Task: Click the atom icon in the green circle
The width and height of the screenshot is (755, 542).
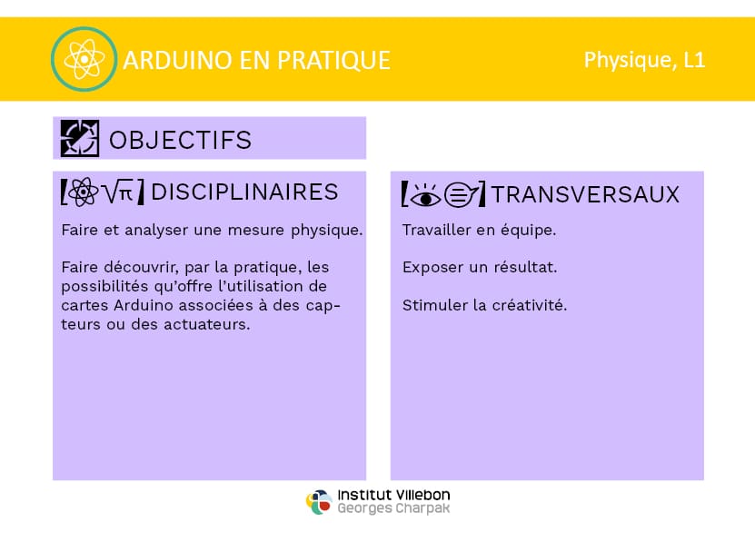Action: [84, 59]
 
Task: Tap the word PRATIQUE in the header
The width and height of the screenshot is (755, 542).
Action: [333, 61]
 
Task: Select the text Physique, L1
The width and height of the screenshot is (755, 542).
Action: [644, 60]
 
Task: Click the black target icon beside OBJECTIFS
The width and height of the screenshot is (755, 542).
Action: [80, 139]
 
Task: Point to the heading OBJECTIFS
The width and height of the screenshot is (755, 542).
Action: [181, 140]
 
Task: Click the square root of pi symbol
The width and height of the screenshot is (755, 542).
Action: [119, 192]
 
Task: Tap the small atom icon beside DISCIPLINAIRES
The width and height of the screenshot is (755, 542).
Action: [84, 192]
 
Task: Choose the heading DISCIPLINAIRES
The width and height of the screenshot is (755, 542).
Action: [244, 192]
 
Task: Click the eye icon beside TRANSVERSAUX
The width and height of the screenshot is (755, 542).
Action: [425, 195]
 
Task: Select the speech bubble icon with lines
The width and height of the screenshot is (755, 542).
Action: [462, 195]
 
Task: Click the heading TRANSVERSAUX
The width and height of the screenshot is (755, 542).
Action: [585, 194]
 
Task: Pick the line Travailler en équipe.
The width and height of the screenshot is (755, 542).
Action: [479, 230]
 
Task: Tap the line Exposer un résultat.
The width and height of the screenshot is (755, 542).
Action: [480, 267]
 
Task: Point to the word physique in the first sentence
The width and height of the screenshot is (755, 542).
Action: [326, 231]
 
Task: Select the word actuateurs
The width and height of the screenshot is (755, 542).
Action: [207, 324]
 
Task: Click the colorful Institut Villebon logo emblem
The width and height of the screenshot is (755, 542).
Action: [319, 502]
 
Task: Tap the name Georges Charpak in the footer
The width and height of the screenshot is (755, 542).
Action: [393, 508]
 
